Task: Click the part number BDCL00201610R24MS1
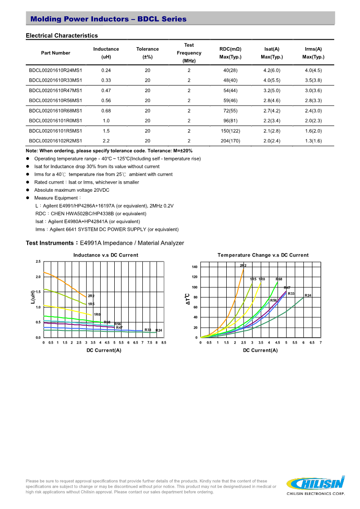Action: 55,70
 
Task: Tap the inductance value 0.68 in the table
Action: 106,111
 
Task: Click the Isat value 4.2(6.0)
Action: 272,70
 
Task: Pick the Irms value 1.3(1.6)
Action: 313,141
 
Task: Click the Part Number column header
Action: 55,53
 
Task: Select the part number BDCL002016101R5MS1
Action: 55,131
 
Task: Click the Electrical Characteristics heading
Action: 62,35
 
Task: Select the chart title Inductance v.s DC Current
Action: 106,255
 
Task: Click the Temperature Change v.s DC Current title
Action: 263,255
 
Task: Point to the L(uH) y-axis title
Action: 33,297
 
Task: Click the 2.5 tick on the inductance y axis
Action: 38,262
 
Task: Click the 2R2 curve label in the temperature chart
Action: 243,265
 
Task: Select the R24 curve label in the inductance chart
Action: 159,330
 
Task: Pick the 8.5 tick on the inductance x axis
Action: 164,343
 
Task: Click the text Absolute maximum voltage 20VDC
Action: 72,190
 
